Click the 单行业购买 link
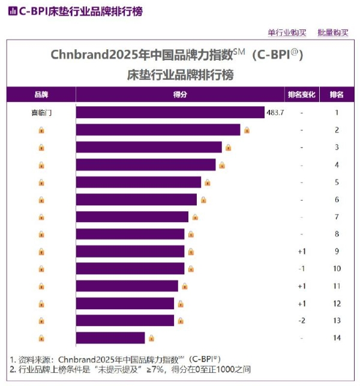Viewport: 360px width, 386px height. click(287, 32)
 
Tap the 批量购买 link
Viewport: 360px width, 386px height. click(333, 32)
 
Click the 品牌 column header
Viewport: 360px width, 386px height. click(41, 95)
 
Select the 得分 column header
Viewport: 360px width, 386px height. click(180, 95)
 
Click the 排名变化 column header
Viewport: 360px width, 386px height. click(302, 95)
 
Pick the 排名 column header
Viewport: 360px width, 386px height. click(337, 95)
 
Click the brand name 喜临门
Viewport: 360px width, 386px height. click(41, 112)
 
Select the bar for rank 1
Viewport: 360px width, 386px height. click(170, 112)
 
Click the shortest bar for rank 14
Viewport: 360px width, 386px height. click(110, 338)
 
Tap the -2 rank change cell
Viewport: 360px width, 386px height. click(302, 321)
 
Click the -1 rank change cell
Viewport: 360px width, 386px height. click(302, 268)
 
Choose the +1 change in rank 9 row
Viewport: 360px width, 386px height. click(302, 251)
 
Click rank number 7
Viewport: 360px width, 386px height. click(337, 217)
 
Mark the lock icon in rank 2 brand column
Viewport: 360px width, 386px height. click(41, 130)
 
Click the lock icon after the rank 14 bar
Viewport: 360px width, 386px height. click(151, 338)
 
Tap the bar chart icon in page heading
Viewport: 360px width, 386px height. click(11, 11)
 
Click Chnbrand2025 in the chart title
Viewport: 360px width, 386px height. click(87, 55)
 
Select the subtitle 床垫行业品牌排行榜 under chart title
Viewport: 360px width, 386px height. click(180, 75)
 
